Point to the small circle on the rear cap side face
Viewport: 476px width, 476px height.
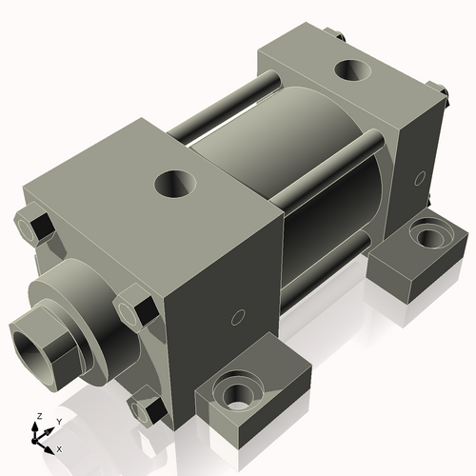(421, 176)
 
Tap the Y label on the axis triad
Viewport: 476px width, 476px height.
(58, 420)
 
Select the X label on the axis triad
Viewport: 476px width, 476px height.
(60, 447)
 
